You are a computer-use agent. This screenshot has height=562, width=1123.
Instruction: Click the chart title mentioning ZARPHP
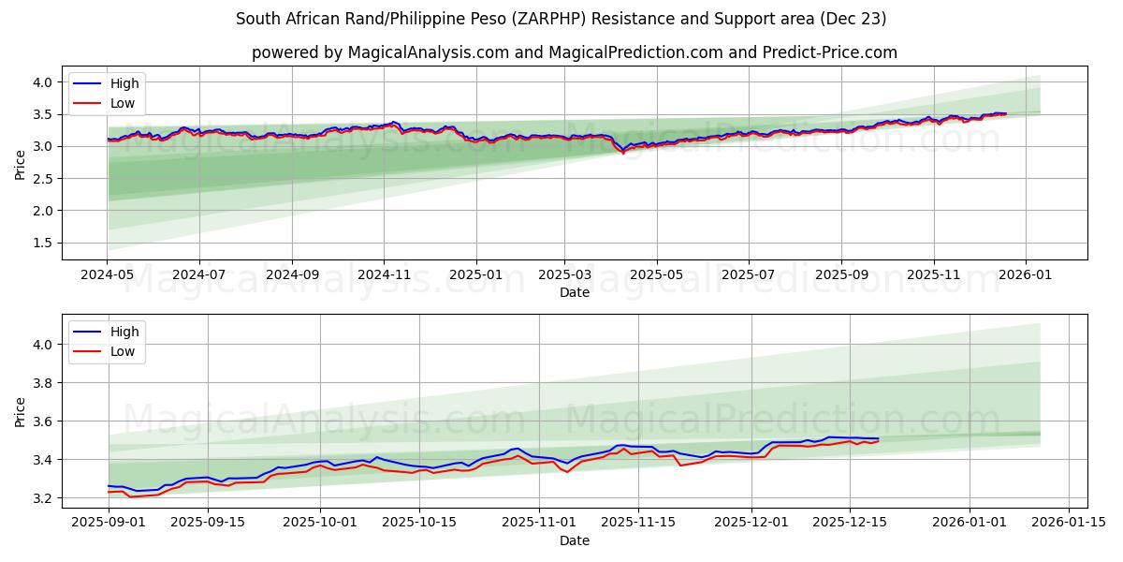561,19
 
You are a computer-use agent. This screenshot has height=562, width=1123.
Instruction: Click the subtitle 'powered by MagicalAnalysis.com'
574,52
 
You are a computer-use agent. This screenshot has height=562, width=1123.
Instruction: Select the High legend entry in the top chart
124,83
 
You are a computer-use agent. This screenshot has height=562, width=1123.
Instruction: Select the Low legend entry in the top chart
123,103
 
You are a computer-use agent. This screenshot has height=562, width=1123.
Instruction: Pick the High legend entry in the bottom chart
124,332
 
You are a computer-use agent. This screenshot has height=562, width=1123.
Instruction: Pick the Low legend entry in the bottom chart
123,351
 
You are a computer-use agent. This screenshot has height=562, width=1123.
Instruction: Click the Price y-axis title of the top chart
21,163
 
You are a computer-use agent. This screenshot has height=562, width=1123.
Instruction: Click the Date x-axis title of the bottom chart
574,541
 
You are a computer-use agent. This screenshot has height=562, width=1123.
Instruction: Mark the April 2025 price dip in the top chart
623,151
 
